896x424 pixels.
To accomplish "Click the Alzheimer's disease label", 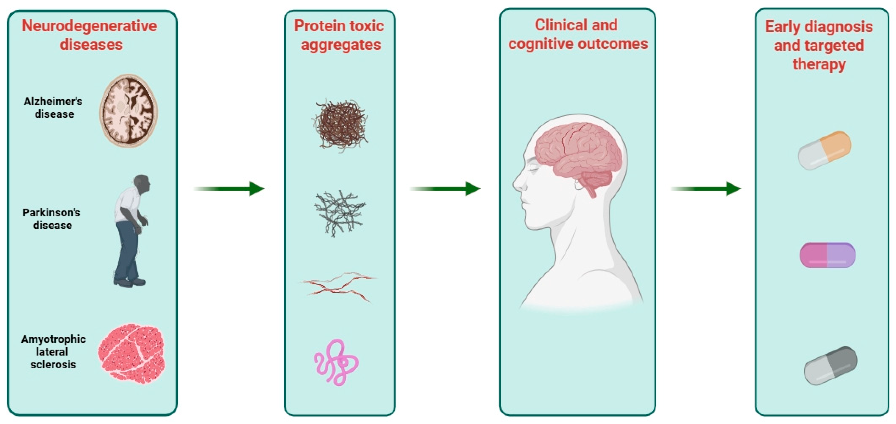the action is tap(53, 108).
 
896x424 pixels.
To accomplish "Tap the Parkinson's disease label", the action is tap(51, 219).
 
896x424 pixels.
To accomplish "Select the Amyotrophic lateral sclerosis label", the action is tap(53, 352).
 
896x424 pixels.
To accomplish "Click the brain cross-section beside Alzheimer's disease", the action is tap(129, 111).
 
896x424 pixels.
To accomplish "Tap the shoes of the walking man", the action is tap(129, 282).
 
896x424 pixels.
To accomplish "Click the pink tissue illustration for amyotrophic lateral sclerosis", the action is tap(132, 354).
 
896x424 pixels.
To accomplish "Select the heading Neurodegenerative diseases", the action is tap(90, 35).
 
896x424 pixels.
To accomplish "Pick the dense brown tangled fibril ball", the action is tap(340, 125).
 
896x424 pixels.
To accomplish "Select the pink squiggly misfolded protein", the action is tap(336, 362).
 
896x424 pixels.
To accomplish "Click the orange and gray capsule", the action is tap(824, 150).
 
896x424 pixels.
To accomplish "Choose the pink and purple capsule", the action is tap(828, 255).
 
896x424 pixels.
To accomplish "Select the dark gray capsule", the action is tap(831, 366).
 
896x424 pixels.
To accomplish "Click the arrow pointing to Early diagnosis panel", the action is tap(706, 189).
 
